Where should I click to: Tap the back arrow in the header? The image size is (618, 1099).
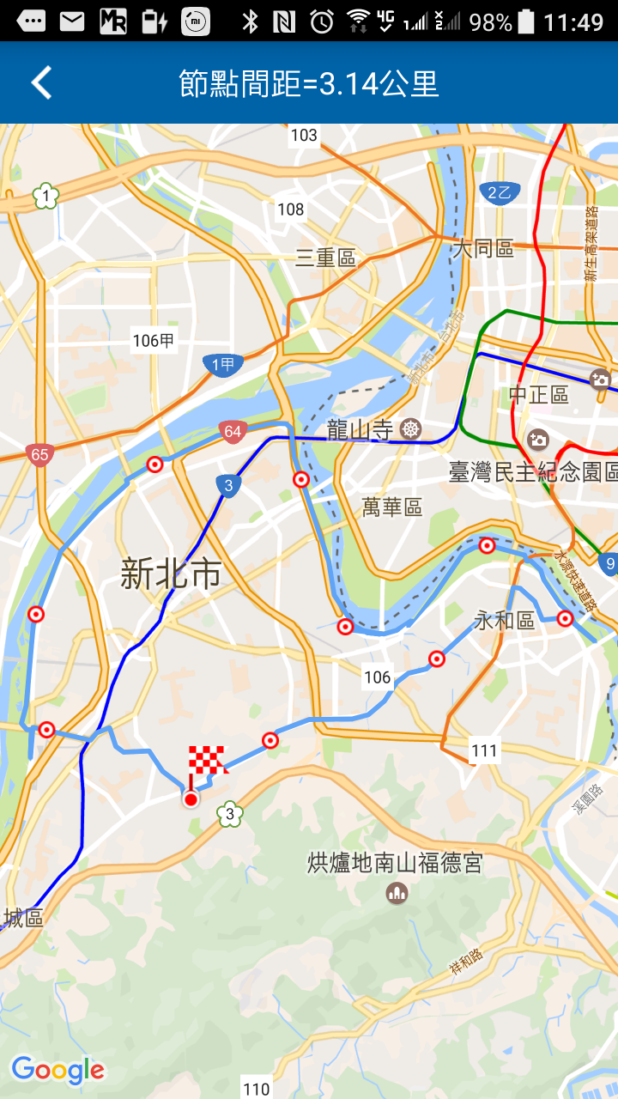pyautogui.click(x=41, y=83)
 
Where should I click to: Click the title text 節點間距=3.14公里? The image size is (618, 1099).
pyautogui.click(x=309, y=84)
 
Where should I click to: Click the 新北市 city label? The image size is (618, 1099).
pyautogui.click(x=171, y=574)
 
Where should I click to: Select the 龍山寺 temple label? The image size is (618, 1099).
pyautogui.click(x=360, y=430)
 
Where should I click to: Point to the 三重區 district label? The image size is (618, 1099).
pyautogui.click(x=325, y=258)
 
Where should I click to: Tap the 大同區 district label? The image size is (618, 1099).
pyautogui.click(x=482, y=249)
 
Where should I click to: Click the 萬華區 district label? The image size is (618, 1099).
pyautogui.click(x=392, y=507)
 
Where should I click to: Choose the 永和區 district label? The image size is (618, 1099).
pyautogui.click(x=505, y=620)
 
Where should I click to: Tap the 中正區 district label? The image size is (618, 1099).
pyautogui.click(x=539, y=395)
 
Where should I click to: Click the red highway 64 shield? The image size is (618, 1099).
pyautogui.click(x=233, y=432)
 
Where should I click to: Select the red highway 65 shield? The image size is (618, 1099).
pyautogui.click(x=39, y=454)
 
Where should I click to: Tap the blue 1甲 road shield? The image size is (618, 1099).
pyautogui.click(x=223, y=365)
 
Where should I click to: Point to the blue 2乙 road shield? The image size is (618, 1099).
pyautogui.click(x=499, y=193)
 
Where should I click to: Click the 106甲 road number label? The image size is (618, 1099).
pyautogui.click(x=154, y=341)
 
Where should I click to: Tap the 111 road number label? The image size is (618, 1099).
pyautogui.click(x=484, y=751)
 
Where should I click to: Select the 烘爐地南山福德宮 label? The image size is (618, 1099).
pyautogui.click(x=395, y=863)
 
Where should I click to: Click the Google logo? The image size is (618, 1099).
pyautogui.click(x=58, y=1070)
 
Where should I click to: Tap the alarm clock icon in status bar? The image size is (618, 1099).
pyautogui.click(x=322, y=21)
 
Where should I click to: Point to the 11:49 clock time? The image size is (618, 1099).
pyautogui.click(x=573, y=21)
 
